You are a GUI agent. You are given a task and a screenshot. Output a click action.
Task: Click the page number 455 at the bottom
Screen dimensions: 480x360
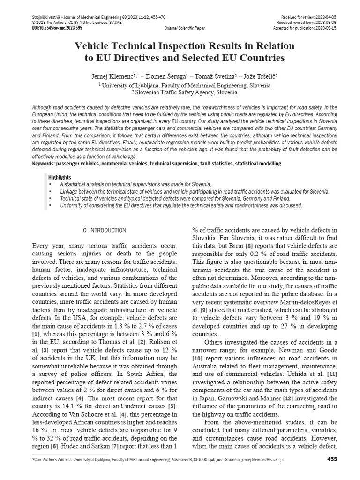(332, 459)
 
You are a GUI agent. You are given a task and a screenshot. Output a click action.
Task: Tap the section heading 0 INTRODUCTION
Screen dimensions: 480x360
(105, 230)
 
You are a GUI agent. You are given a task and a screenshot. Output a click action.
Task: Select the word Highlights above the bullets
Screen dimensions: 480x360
(60, 177)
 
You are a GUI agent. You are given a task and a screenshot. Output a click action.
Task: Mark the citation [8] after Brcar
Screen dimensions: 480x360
(250, 245)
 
